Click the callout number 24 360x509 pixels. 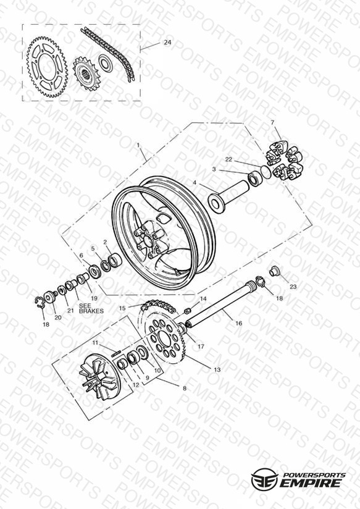[x=167, y=42]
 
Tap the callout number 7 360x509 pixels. [x=272, y=122]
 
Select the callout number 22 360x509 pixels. [x=228, y=159]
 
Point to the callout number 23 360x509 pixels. [x=293, y=287]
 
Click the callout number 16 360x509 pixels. [x=238, y=323]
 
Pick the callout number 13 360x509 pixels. [x=217, y=369]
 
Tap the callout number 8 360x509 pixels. [x=185, y=389]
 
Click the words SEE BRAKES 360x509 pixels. [x=91, y=308]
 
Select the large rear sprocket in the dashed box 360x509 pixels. [x=47, y=67]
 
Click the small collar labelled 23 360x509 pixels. [x=275, y=271]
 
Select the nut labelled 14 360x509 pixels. [x=188, y=311]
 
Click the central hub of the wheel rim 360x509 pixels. [x=148, y=240]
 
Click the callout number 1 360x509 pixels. [x=138, y=145]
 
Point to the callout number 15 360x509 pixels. [x=122, y=308]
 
